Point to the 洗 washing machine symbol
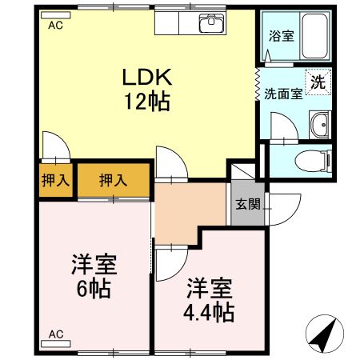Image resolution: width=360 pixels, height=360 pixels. click(x=318, y=82)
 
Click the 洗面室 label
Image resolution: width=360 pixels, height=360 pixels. click(x=283, y=93)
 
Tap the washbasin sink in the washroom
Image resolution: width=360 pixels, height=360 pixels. click(x=320, y=126)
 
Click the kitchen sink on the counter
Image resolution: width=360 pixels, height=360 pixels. click(x=213, y=23)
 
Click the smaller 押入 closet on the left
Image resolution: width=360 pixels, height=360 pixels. click(x=54, y=181)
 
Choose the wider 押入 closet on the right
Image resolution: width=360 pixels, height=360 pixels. click(x=113, y=181)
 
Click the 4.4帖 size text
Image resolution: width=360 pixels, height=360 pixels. click(x=210, y=312)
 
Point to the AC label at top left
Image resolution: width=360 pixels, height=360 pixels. click(x=55, y=25)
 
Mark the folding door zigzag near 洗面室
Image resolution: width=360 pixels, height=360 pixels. click(x=258, y=80)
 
